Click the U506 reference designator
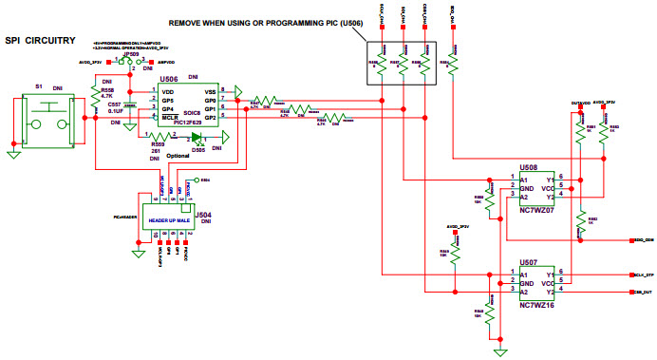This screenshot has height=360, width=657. [x=170, y=82]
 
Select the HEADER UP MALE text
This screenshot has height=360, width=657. [x=167, y=220]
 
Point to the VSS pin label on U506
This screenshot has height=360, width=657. [x=210, y=91]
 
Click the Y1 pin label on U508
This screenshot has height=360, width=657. [x=549, y=177]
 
